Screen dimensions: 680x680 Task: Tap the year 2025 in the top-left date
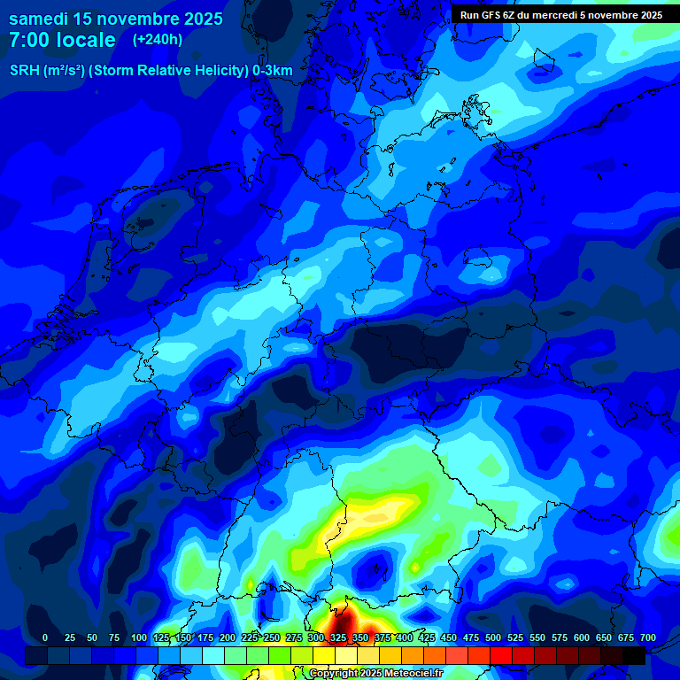pyautogui.click(x=197, y=19)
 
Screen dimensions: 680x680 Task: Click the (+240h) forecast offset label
pyautogui.click(x=157, y=40)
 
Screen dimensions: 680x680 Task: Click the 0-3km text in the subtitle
pyautogui.click(x=273, y=71)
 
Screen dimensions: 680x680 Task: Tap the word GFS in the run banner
pyautogui.click(x=490, y=15)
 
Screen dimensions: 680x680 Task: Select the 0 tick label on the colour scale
pyautogui.click(x=45, y=637)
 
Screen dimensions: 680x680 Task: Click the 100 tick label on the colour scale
pyautogui.click(x=139, y=637)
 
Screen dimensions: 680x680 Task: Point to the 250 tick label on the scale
pyautogui.click(x=272, y=637)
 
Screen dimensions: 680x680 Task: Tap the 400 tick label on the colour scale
pyautogui.click(x=405, y=637)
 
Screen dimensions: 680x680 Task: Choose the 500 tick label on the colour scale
pyautogui.click(x=493, y=637)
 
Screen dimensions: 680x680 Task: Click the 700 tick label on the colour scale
pyautogui.click(x=647, y=637)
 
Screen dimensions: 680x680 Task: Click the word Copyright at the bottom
pyautogui.click(x=334, y=674)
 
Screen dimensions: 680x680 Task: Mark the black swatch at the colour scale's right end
pyautogui.click(x=634, y=655)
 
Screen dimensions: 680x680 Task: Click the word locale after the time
pyautogui.click(x=85, y=40)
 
